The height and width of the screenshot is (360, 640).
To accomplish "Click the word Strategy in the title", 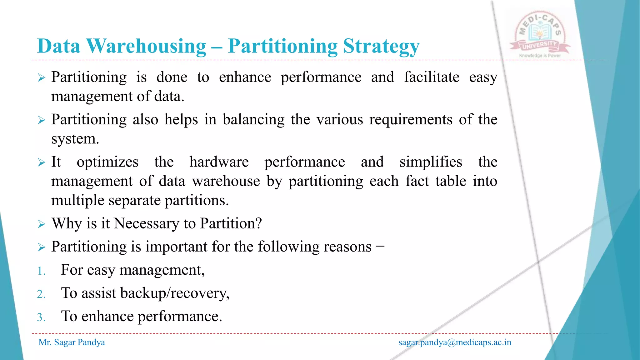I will (x=381, y=46).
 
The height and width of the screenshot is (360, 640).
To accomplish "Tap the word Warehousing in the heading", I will (x=146, y=46).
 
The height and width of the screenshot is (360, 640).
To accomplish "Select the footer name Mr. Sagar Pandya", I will (x=72, y=342).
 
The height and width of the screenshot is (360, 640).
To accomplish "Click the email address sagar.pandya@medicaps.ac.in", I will (x=455, y=342).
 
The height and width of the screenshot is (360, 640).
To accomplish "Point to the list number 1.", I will (x=41, y=271).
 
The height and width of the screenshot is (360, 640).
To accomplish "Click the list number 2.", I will (x=41, y=294).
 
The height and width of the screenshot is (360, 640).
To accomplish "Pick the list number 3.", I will (x=41, y=317).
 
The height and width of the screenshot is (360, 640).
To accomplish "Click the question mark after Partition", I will (x=258, y=223).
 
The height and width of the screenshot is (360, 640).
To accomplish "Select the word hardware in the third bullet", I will (x=219, y=162).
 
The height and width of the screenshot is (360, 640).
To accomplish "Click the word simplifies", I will (x=431, y=162).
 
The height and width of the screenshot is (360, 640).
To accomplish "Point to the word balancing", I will (x=253, y=120).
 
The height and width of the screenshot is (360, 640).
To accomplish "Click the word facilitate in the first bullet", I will (x=432, y=77).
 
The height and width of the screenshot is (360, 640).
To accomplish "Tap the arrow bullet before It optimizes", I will (x=42, y=162).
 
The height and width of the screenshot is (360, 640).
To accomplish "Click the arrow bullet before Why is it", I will (x=42, y=224).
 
